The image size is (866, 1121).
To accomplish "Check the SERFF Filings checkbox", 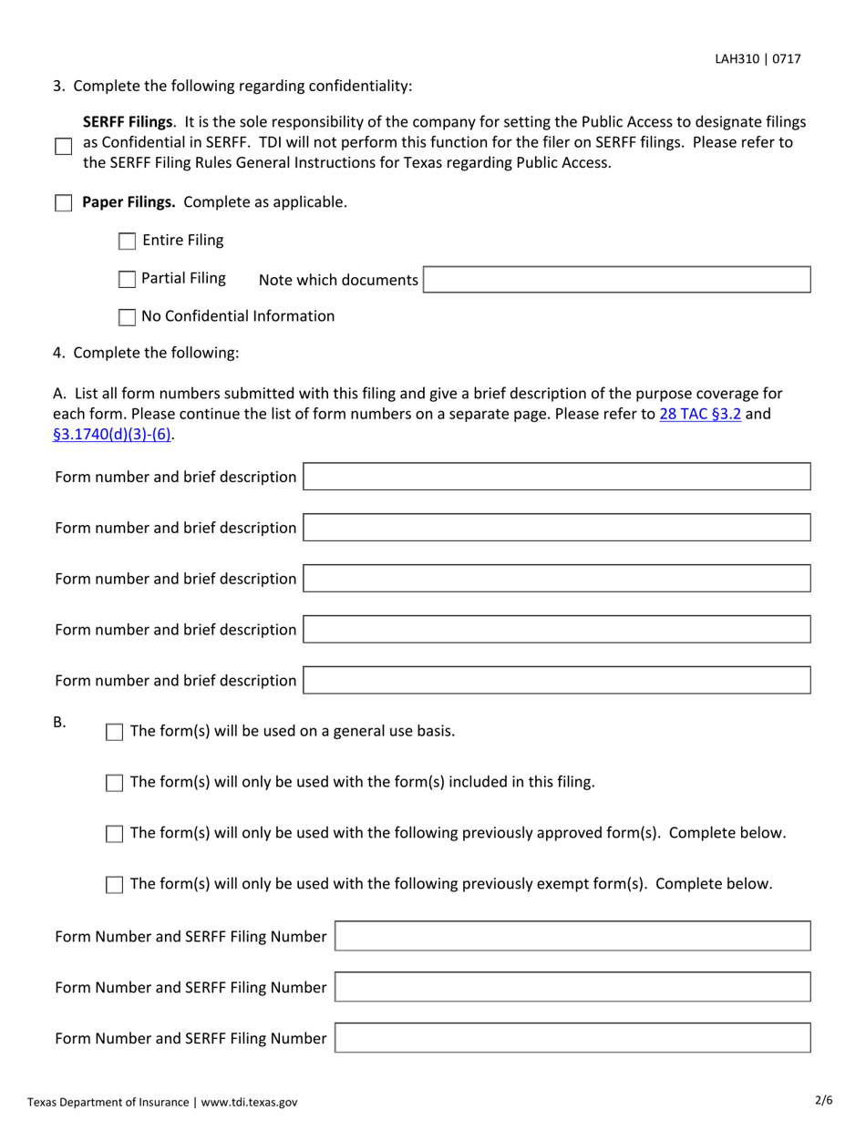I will pos(63,146).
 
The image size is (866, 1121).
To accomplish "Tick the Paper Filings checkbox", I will pos(63,202).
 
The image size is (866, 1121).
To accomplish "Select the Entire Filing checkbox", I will pos(128,242).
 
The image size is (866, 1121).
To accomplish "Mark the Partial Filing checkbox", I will pos(128,279).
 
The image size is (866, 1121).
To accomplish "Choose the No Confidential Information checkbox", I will pos(128,317).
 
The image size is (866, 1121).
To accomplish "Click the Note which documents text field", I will pos(617,280).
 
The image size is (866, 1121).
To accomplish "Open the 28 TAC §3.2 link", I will pos(699,414).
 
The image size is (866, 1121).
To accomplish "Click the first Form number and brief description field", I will pos(556,477).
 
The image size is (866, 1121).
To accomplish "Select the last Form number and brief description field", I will pos(556,680).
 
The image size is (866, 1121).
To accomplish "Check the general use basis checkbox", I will pos(115,732).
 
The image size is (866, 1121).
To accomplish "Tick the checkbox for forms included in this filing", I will pos(115,783).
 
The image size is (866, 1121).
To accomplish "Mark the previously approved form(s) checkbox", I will pos(115,834).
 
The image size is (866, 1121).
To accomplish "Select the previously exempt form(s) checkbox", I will pos(115,885).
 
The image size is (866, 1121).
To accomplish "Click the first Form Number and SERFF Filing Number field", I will pos(572,936).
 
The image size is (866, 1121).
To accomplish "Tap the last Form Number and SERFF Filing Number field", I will pos(572,1038).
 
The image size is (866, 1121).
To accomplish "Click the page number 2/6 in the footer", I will pos(823,1100).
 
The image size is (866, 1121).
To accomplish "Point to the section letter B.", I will pos(59,723).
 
